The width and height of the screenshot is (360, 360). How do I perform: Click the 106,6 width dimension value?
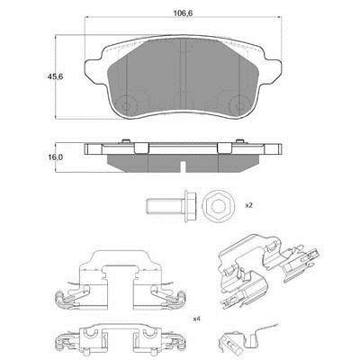tap(183, 13)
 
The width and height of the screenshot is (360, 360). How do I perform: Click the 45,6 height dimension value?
tap(55, 76)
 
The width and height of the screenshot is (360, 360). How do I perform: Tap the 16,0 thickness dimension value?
tap(55, 157)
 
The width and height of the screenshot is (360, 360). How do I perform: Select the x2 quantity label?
tap(248, 206)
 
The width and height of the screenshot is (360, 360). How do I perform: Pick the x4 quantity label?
tap(196, 319)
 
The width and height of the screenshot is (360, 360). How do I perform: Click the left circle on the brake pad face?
tap(128, 103)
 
